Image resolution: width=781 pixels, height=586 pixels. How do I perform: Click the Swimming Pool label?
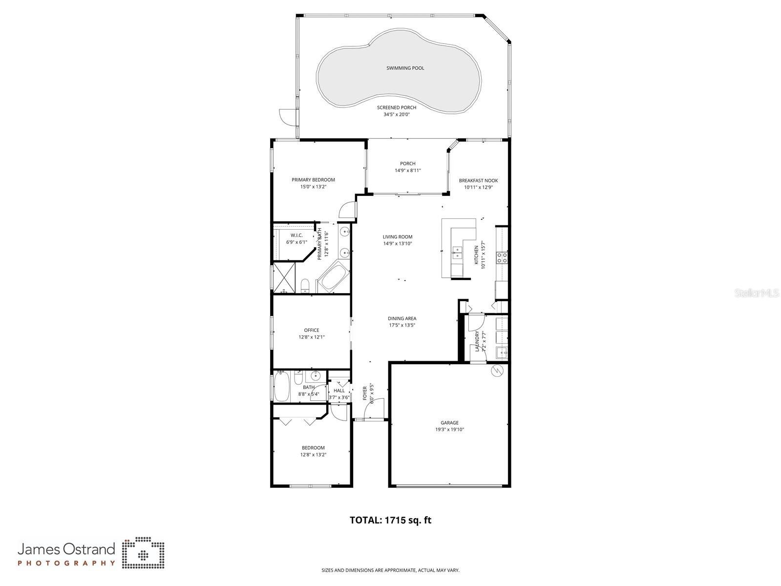tap(405, 68)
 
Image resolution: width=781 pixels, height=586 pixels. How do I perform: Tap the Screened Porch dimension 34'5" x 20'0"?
tap(396, 115)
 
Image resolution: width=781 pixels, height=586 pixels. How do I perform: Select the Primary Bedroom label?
tap(313, 180)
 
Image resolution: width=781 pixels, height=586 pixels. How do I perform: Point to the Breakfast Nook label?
tap(478, 180)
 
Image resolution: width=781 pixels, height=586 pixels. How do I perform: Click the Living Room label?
tap(397, 237)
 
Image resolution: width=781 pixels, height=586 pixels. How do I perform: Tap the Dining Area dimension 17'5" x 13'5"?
tap(402, 326)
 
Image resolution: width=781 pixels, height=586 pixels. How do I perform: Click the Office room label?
tap(311, 330)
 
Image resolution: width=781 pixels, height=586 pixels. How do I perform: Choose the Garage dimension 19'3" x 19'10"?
tap(449, 430)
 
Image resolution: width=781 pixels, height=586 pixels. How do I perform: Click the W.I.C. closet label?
tap(296, 235)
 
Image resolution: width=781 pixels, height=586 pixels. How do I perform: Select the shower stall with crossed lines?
tap(284, 278)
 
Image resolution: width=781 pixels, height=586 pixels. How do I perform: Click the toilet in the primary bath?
tap(305, 285)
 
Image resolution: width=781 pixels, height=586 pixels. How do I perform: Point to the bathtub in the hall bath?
tap(282, 387)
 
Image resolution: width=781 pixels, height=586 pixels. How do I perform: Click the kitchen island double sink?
tap(458, 253)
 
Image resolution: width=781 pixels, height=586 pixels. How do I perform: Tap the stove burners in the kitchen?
tap(502, 258)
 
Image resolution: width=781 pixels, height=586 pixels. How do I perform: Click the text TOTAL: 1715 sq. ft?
tap(390, 520)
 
